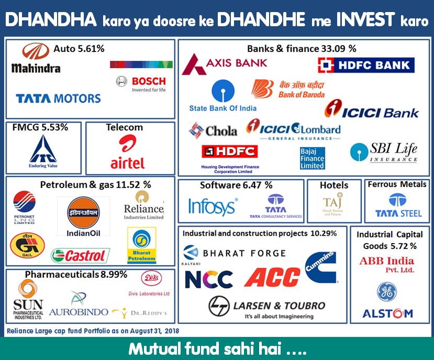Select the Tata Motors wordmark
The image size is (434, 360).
[58, 99]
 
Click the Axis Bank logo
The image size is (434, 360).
[225, 64]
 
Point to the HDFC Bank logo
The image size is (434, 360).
[366, 64]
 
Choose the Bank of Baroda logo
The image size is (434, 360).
[288, 89]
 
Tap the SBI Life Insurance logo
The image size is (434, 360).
[384, 152]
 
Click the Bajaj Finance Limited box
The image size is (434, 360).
[312, 158]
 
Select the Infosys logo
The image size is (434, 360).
[212, 206]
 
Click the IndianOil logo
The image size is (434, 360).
[83, 216]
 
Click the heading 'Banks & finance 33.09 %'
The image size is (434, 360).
[302, 49]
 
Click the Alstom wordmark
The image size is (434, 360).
[388, 313]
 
